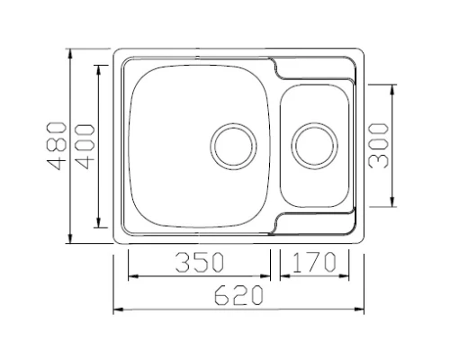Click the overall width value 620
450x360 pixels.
click(x=238, y=295)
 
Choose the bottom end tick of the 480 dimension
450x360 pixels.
click(x=70, y=242)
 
